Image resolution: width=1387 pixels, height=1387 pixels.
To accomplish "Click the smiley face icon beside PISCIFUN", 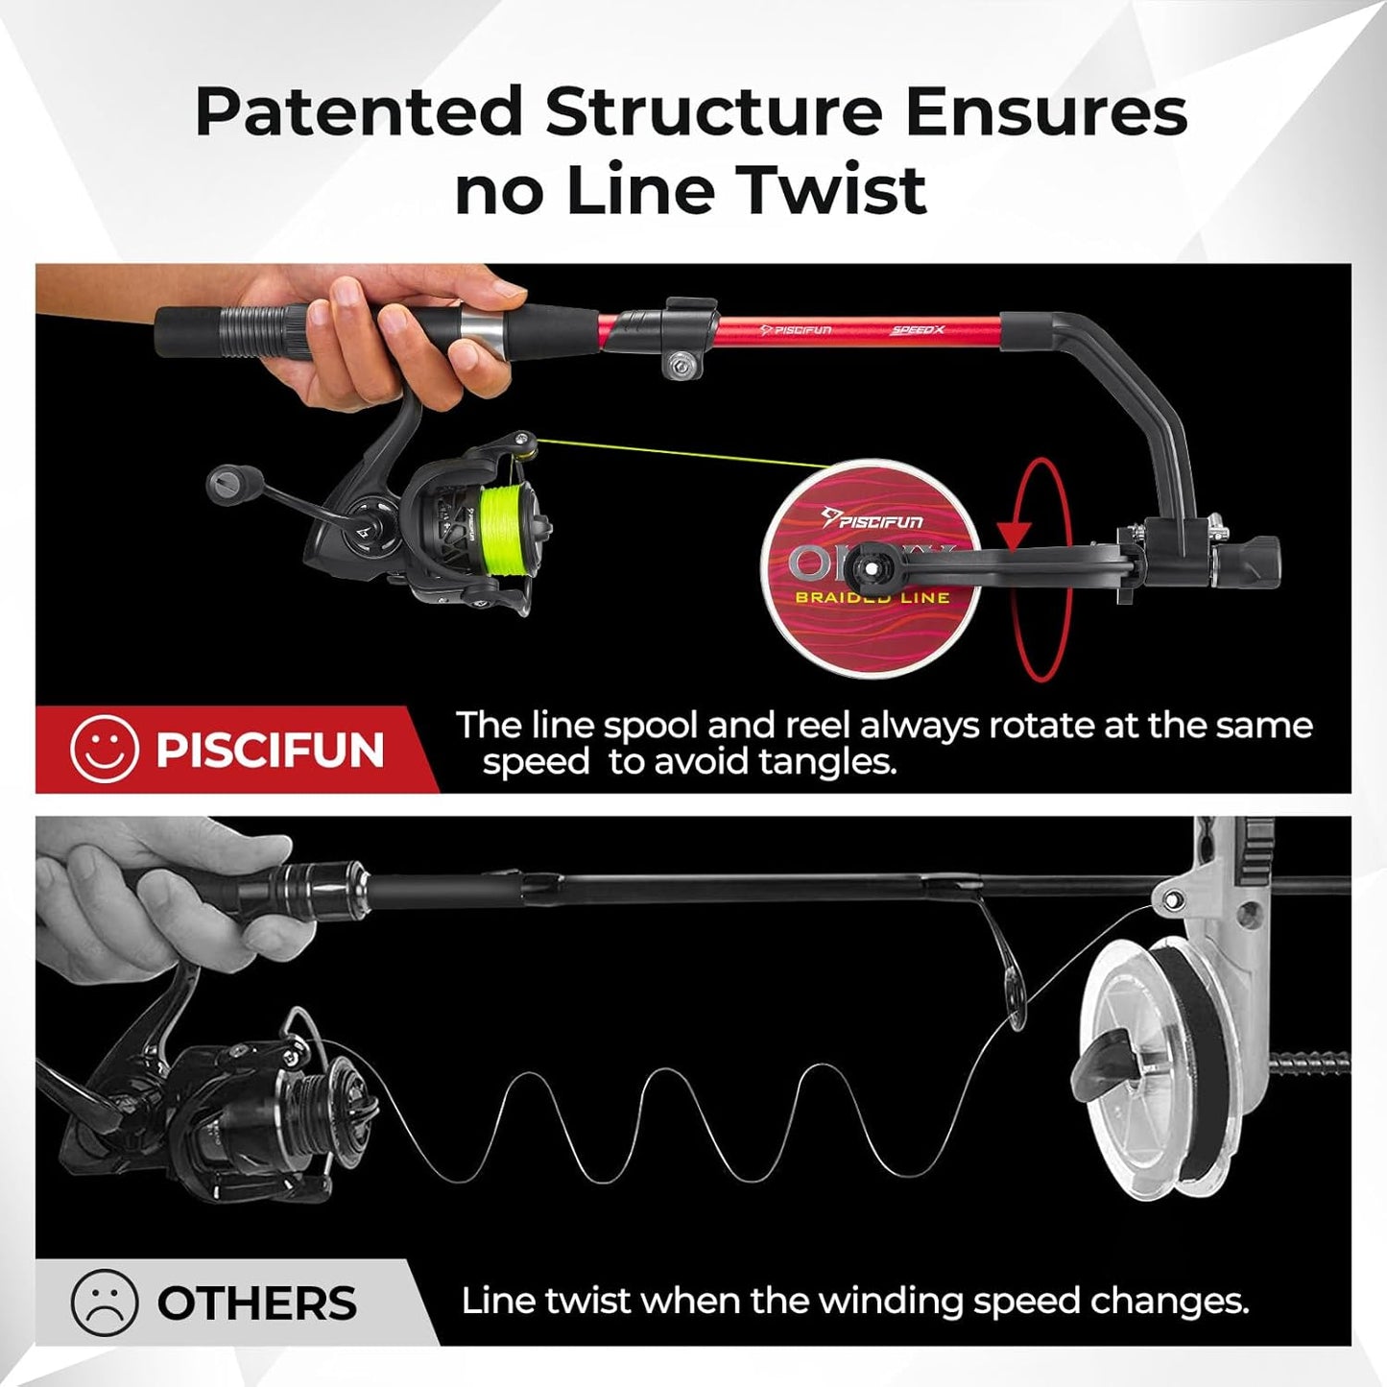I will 104,749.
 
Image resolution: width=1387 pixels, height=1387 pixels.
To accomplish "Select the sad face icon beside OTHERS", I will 104,1303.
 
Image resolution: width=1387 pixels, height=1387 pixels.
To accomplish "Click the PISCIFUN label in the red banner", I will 270,750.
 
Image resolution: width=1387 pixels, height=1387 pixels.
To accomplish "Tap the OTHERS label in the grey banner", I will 256,1303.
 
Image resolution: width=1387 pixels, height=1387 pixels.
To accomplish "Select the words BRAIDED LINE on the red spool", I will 872,598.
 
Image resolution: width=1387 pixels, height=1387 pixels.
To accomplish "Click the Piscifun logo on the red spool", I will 873,519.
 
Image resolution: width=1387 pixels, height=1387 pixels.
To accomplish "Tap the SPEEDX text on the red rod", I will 918,330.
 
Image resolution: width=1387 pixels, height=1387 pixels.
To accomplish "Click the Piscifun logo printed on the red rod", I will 796,330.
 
